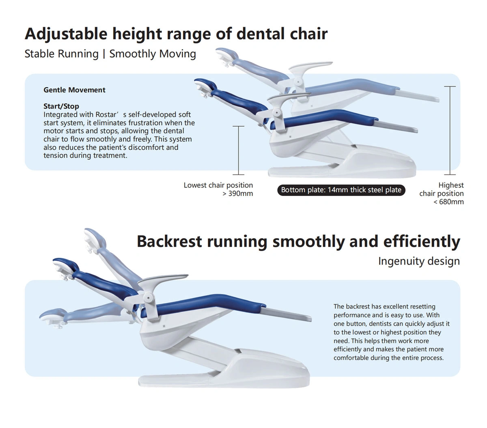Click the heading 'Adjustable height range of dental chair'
pyautogui.click(x=176, y=34)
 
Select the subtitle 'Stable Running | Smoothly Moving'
pyautogui.click(x=110, y=54)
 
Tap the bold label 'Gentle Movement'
pyautogui.click(x=74, y=90)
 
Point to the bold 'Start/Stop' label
pyautogui.click(x=61, y=106)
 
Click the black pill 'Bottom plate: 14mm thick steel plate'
pyautogui.click(x=341, y=190)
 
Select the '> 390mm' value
pyautogui.click(x=237, y=194)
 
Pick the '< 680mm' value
pyautogui.click(x=448, y=202)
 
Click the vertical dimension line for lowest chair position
pyautogui.click(x=238, y=151)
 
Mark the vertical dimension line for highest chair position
pyautogui.click(x=450, y=131)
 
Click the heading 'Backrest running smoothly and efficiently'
pyautogui.click(x=298, y=241)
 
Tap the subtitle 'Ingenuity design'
pyautogui.click(x=419, y=261)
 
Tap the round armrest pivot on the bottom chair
pyautogui.click(x=149, y=298)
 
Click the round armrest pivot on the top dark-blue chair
pyautogui.click(x=277, y=112)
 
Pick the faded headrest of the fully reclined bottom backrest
pyautogui.click(x=53, y=314)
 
